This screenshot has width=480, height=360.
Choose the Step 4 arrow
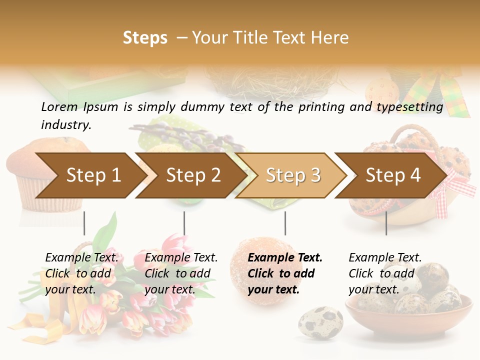pyautogui.click(x=392, y=175)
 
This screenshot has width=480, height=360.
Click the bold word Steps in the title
pyautogui.click(x=145, y=38)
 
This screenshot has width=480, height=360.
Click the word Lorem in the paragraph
pyautogui.click(x=59, y=106)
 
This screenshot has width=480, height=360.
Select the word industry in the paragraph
pyautogui.click(x=66, y=125)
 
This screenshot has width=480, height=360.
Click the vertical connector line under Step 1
pyautogui.click(x=84, y=223)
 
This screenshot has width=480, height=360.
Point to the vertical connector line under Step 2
pyautogui.click(x=184, y=223)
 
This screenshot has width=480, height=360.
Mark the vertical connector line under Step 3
pyautogui.click(x=285, y=223)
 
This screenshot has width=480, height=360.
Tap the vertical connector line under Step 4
pyautogui.click(x=386, y=223)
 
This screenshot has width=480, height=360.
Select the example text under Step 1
pyautogui.click(x=81, y=273)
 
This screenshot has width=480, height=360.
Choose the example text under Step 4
pyautogui.click(x=384, y=273)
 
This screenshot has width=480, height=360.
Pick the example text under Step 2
pyautogui.click(x=180, y=273)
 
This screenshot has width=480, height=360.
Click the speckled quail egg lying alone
pyautogui.click(x=320, y=323)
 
